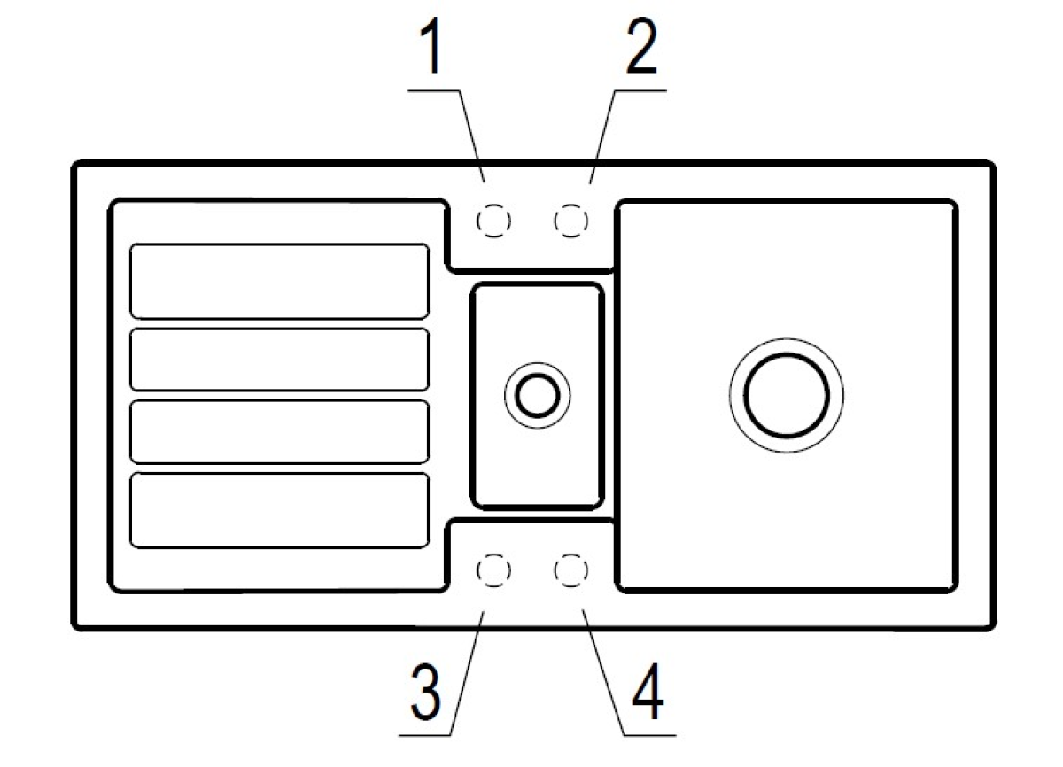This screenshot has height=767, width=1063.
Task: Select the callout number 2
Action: pos(641,45)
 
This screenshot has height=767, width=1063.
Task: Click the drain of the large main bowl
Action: pos(787,396)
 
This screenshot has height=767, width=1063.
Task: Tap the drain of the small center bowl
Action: pos(537,396)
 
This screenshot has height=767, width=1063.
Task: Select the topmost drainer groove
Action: pos(280,282)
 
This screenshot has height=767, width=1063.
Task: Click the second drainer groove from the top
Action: pos(280,359)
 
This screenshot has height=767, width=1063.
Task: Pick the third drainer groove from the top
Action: pos(280,431)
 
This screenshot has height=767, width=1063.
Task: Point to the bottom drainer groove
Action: pos(280,510)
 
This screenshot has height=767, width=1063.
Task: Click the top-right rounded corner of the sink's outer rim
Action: pos(990,165)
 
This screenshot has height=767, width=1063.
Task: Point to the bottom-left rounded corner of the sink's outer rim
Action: pos(76,625)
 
